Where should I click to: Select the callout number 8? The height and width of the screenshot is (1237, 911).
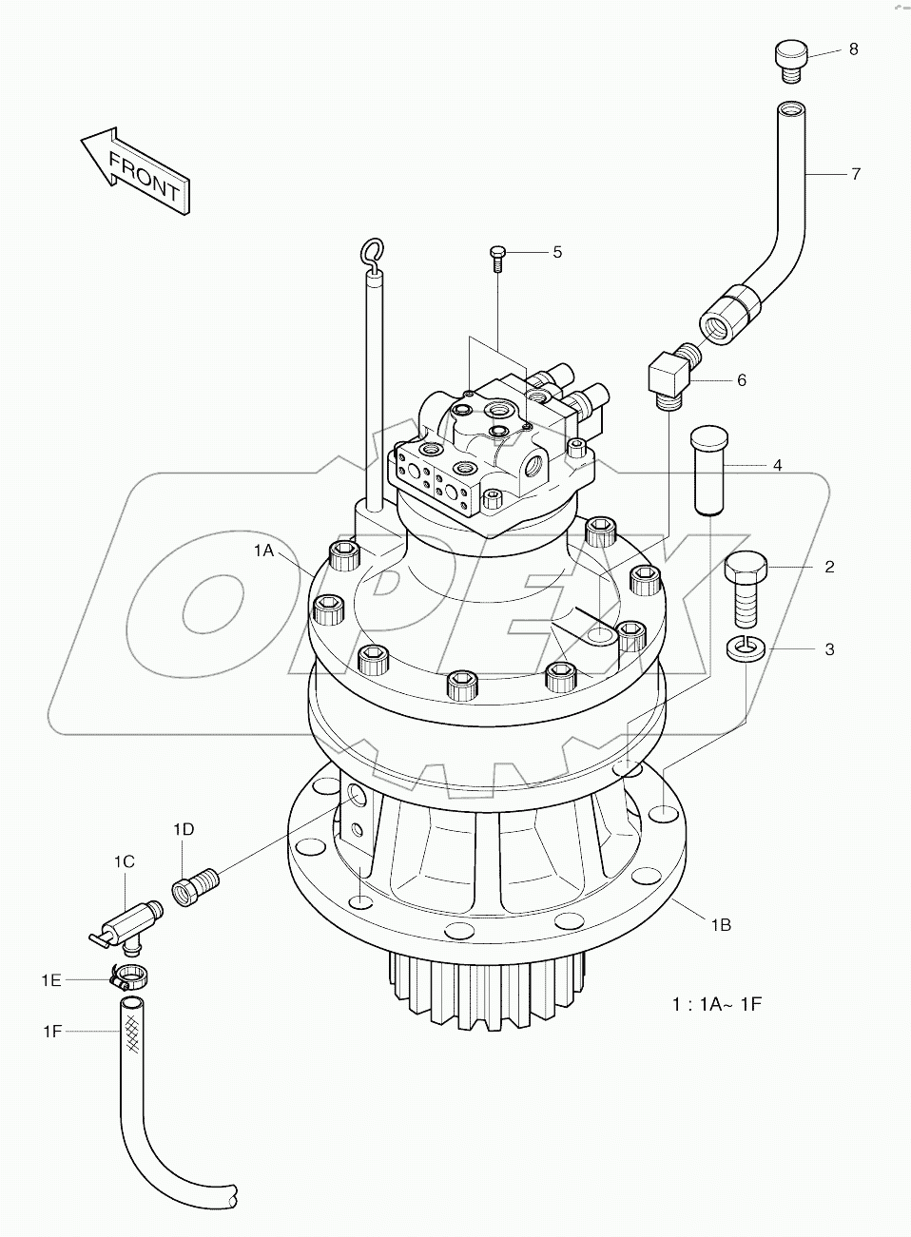[x=853, y=48]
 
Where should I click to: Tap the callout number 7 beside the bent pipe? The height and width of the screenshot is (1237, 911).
[x=855, y=174]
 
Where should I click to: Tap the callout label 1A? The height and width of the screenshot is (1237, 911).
[x=263, y=551]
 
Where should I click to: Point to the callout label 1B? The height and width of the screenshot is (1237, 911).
[x=719, y=923]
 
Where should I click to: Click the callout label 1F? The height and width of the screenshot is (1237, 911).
[x=52, y=1030]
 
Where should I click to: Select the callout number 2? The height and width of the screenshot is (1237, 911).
[x=829, y=568]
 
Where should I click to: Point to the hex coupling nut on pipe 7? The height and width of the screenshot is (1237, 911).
[x=729, y=312]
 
